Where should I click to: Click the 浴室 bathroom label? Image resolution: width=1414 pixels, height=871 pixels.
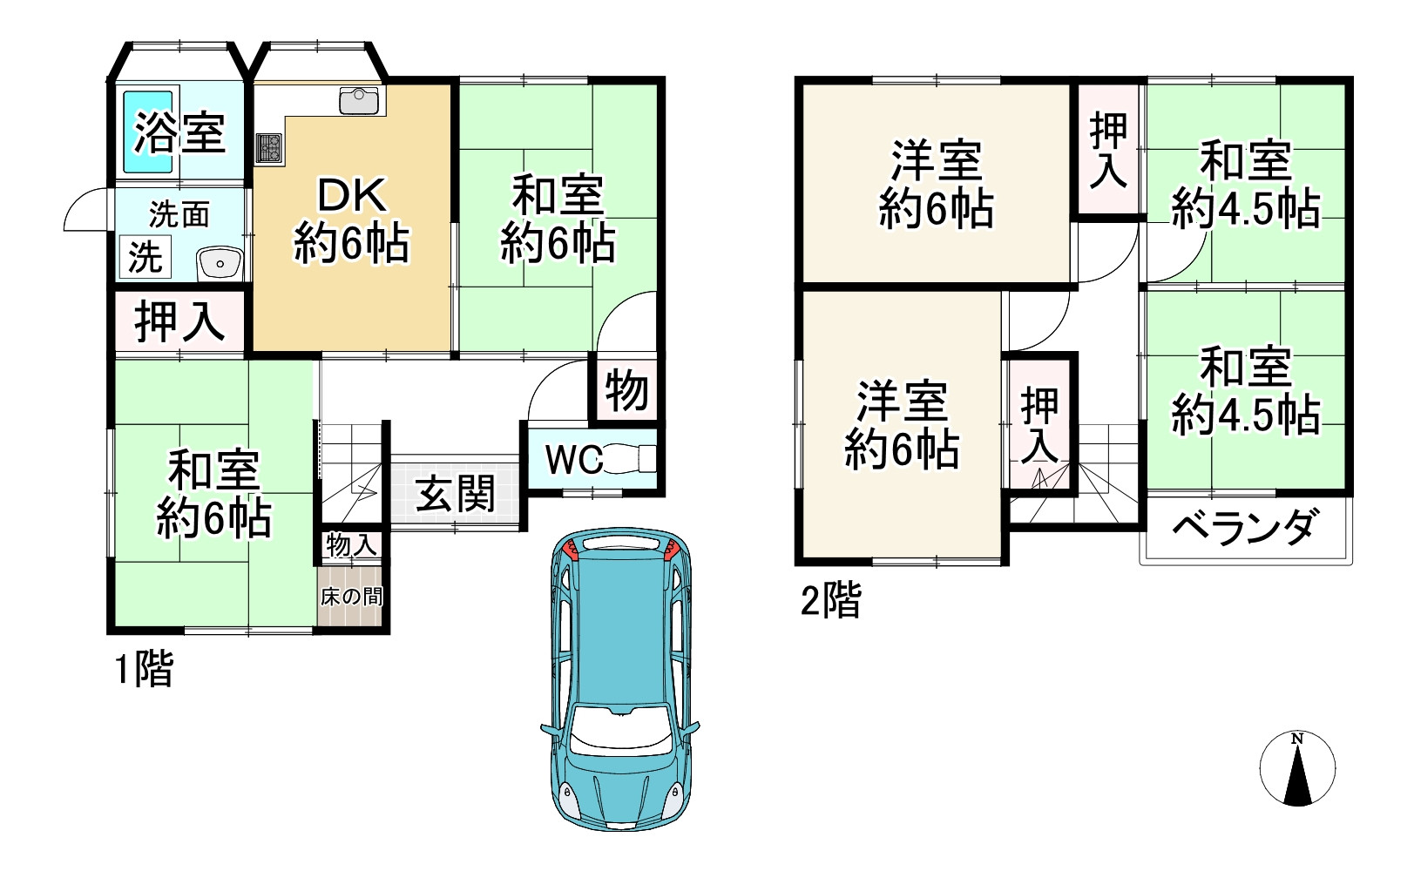pyautogui.click(x=179, y=132)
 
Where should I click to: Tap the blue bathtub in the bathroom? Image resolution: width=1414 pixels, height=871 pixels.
pyautogui.click(x=148, y=132)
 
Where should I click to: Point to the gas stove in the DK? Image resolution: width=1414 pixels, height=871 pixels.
pyautogui.click(x=269, y=148)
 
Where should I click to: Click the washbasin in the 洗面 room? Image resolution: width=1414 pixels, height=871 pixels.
pyautogui.click(x=220, y=264)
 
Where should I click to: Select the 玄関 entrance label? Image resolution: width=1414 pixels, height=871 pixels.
pyautogui.click(x=455, y=494)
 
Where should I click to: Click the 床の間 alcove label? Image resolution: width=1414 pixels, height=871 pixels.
pyautogui.click(x=352, y=597)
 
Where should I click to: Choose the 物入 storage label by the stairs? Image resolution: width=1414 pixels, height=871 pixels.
pyautogui.click(x=352, y=544)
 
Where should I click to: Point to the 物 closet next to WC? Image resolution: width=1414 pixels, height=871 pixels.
pyautogui.click(x=626, y=391)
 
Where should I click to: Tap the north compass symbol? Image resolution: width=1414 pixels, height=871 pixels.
pyautogui.click(x=1297, y=768)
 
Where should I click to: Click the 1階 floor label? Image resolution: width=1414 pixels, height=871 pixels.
pyautogui.click(x=143, y=670)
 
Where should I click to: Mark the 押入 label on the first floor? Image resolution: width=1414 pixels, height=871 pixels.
pyautogui.click(x=179, y=321)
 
